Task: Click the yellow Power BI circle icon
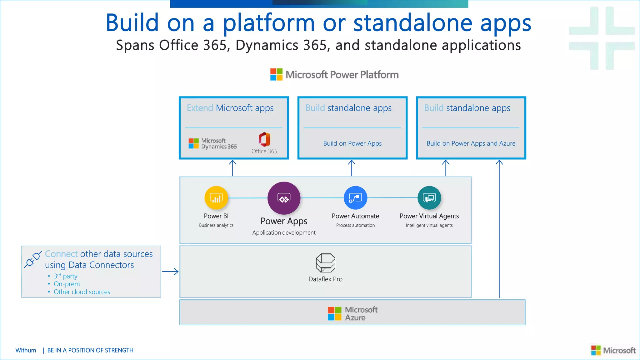tap(216, 197)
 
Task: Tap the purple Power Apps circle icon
tap(284, 198)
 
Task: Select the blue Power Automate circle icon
tap(355, 197)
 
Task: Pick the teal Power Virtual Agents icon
tap(429, 197)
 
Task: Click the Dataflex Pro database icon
tap(325, 263)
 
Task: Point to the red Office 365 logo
tap(264, 139)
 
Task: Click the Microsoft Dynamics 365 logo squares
tap(193, 143)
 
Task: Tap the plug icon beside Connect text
tap(33, 259)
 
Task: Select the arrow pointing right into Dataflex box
tap(170, 272)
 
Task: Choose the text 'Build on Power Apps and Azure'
tap(471, 143)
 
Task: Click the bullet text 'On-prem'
tap(67, 284)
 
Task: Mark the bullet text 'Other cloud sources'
tap(82, 292)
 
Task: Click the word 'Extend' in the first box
tap(200, 108)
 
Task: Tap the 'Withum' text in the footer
tap(26, 350)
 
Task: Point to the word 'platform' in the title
tap(268, 23)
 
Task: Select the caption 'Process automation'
tap(355, 225)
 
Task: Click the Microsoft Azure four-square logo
tap(334, 313)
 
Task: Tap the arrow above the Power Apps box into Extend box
tap(232, 168)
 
